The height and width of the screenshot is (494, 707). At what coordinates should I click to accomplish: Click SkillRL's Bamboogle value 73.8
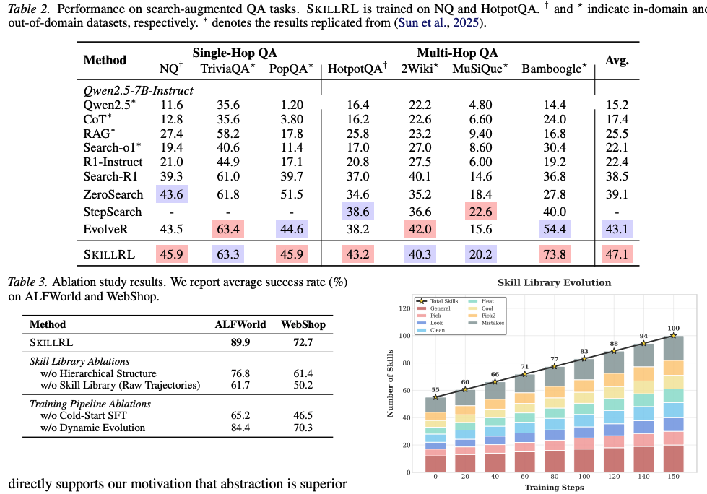point(555,254)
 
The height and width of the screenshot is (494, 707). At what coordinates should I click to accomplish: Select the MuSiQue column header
point(480,69)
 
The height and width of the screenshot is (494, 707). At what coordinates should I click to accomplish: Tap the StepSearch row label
point(112,212)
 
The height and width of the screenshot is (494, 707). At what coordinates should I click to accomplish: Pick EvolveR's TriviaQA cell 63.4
point(228,229)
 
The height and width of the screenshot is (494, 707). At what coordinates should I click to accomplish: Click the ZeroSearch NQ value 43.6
point(171,194)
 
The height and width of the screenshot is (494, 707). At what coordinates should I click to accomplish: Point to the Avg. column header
point(617,61)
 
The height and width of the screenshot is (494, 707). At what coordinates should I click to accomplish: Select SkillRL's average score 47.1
point(617,254)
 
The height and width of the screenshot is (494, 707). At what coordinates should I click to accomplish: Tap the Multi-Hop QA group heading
point(457,53)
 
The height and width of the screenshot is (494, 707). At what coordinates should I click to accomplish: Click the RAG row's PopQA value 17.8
point(292,134)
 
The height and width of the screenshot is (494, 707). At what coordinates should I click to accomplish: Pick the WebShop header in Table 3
point(303,324)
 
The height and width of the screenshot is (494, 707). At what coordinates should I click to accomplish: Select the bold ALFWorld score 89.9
point(240,342)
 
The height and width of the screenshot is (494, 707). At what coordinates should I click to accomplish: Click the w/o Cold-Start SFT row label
point(84,415)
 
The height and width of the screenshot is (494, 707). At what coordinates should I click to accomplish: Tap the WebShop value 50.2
point(303,386)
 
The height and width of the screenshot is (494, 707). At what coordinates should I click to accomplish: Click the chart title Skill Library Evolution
point(554,282)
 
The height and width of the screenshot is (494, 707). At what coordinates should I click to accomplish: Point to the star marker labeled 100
point(673,335)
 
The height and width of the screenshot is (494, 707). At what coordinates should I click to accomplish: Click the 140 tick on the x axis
point(643,477)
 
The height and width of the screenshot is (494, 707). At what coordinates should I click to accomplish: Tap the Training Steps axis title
point(554,487)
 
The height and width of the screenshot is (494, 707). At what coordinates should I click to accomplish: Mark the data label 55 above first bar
point(435,390)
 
